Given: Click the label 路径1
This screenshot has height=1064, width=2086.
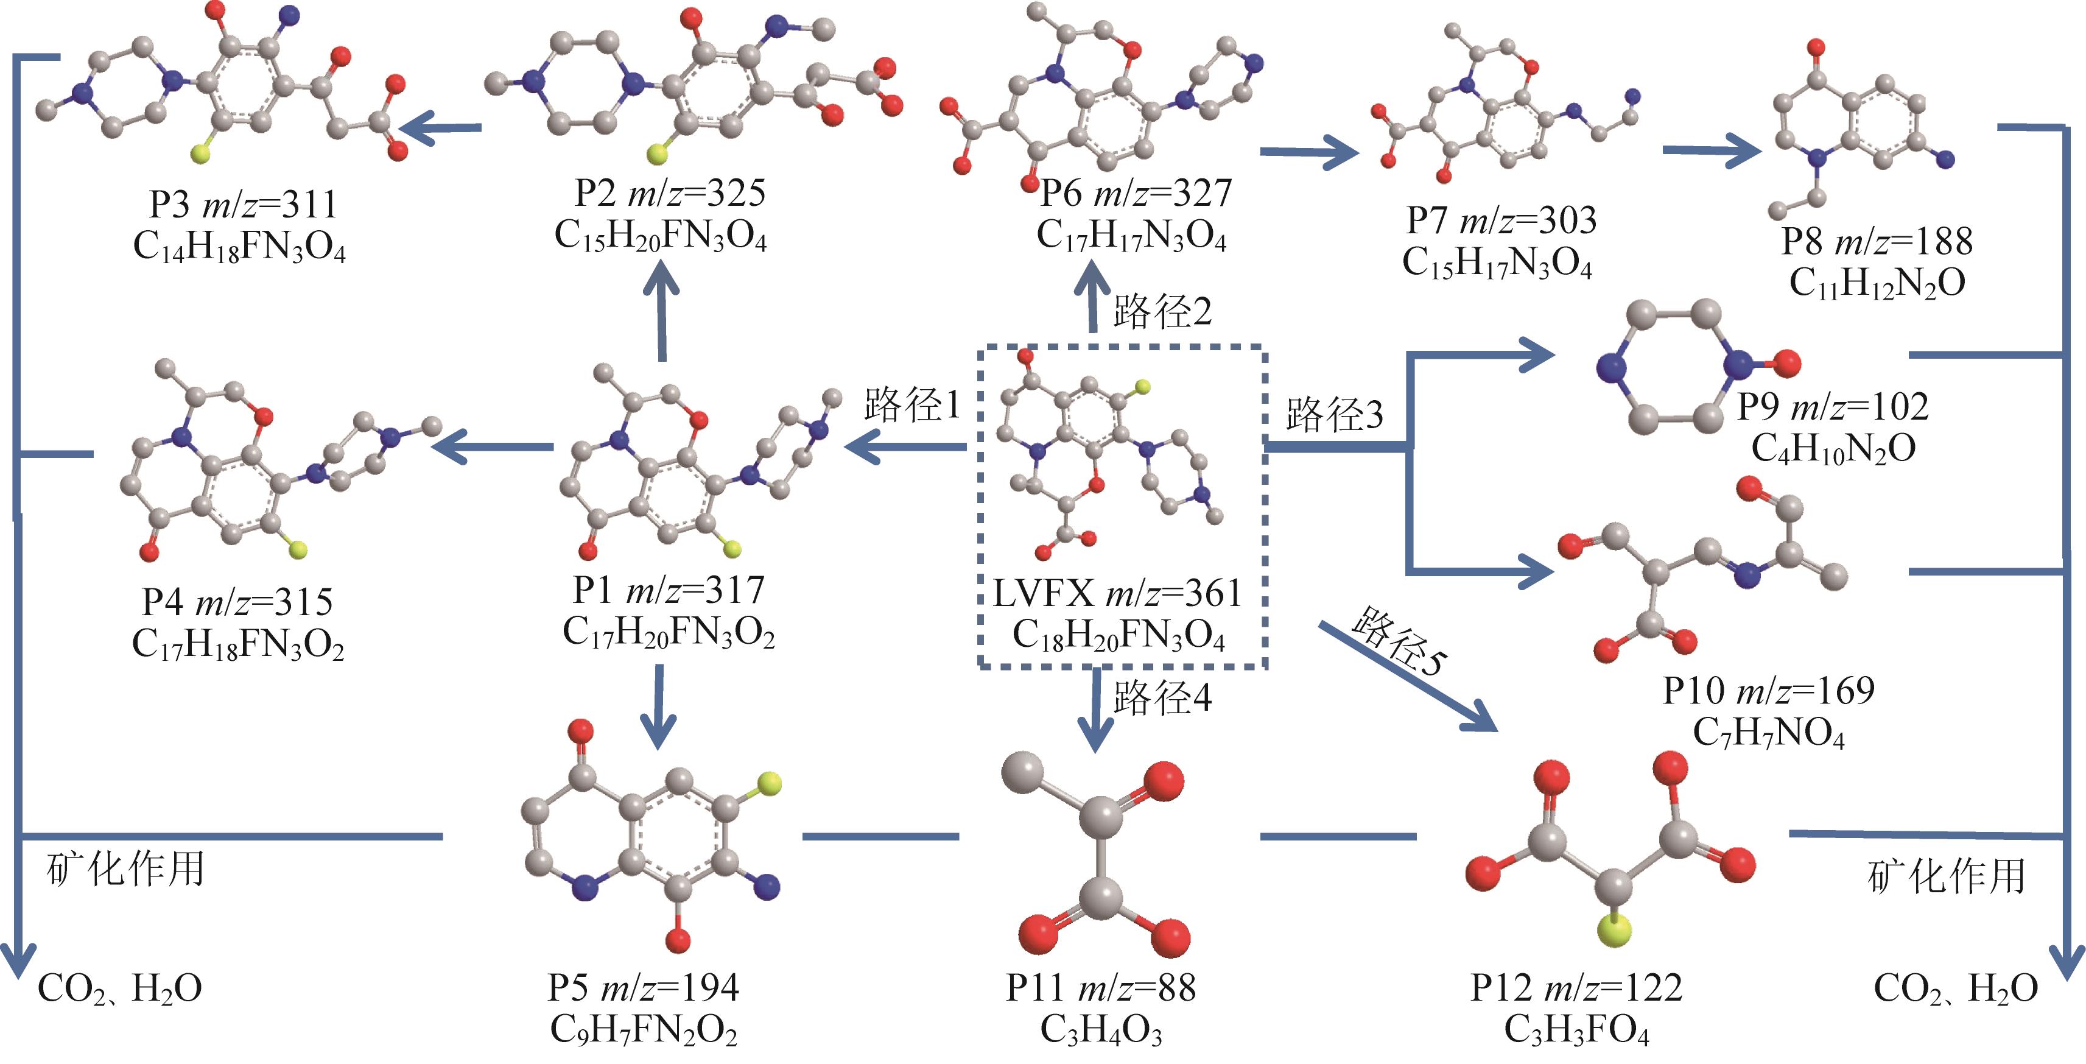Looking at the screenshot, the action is (x=912, y=403).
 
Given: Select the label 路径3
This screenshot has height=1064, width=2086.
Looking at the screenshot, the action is (x=1335, y=414).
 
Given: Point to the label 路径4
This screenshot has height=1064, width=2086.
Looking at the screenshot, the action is (x=1162, y=696).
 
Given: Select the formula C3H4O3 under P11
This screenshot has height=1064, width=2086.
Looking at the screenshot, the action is (x=1101, y=1029).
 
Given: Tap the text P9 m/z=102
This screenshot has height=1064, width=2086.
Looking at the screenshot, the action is (x=1833, y=406).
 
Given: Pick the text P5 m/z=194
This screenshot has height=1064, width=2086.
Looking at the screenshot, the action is (x=643, y=987).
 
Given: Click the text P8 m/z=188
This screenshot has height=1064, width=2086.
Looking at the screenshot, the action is (x=1877, y=241).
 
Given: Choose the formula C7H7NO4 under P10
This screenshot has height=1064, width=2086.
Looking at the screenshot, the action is (x=1769, y=733).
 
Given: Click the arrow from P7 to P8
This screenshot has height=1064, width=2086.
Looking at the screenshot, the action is (x=1712, y=152).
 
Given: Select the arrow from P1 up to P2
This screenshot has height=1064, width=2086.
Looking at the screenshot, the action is (x=662, y=310).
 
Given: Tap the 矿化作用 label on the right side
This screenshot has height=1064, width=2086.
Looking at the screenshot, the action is (x=1946, y=876).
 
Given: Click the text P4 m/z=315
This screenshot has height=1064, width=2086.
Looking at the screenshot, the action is (x=237, y=602).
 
